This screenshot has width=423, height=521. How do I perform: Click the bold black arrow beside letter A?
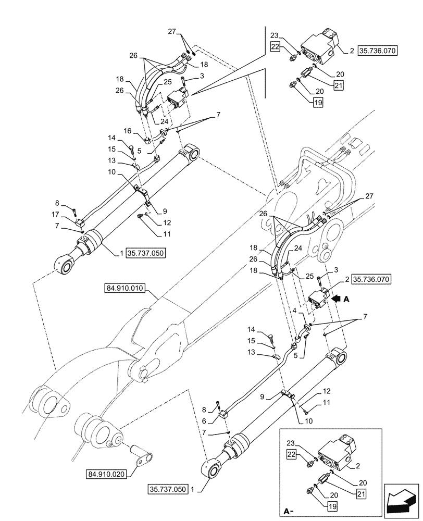pos(338,299)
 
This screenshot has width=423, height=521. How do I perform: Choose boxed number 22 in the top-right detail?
pos(276,47)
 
